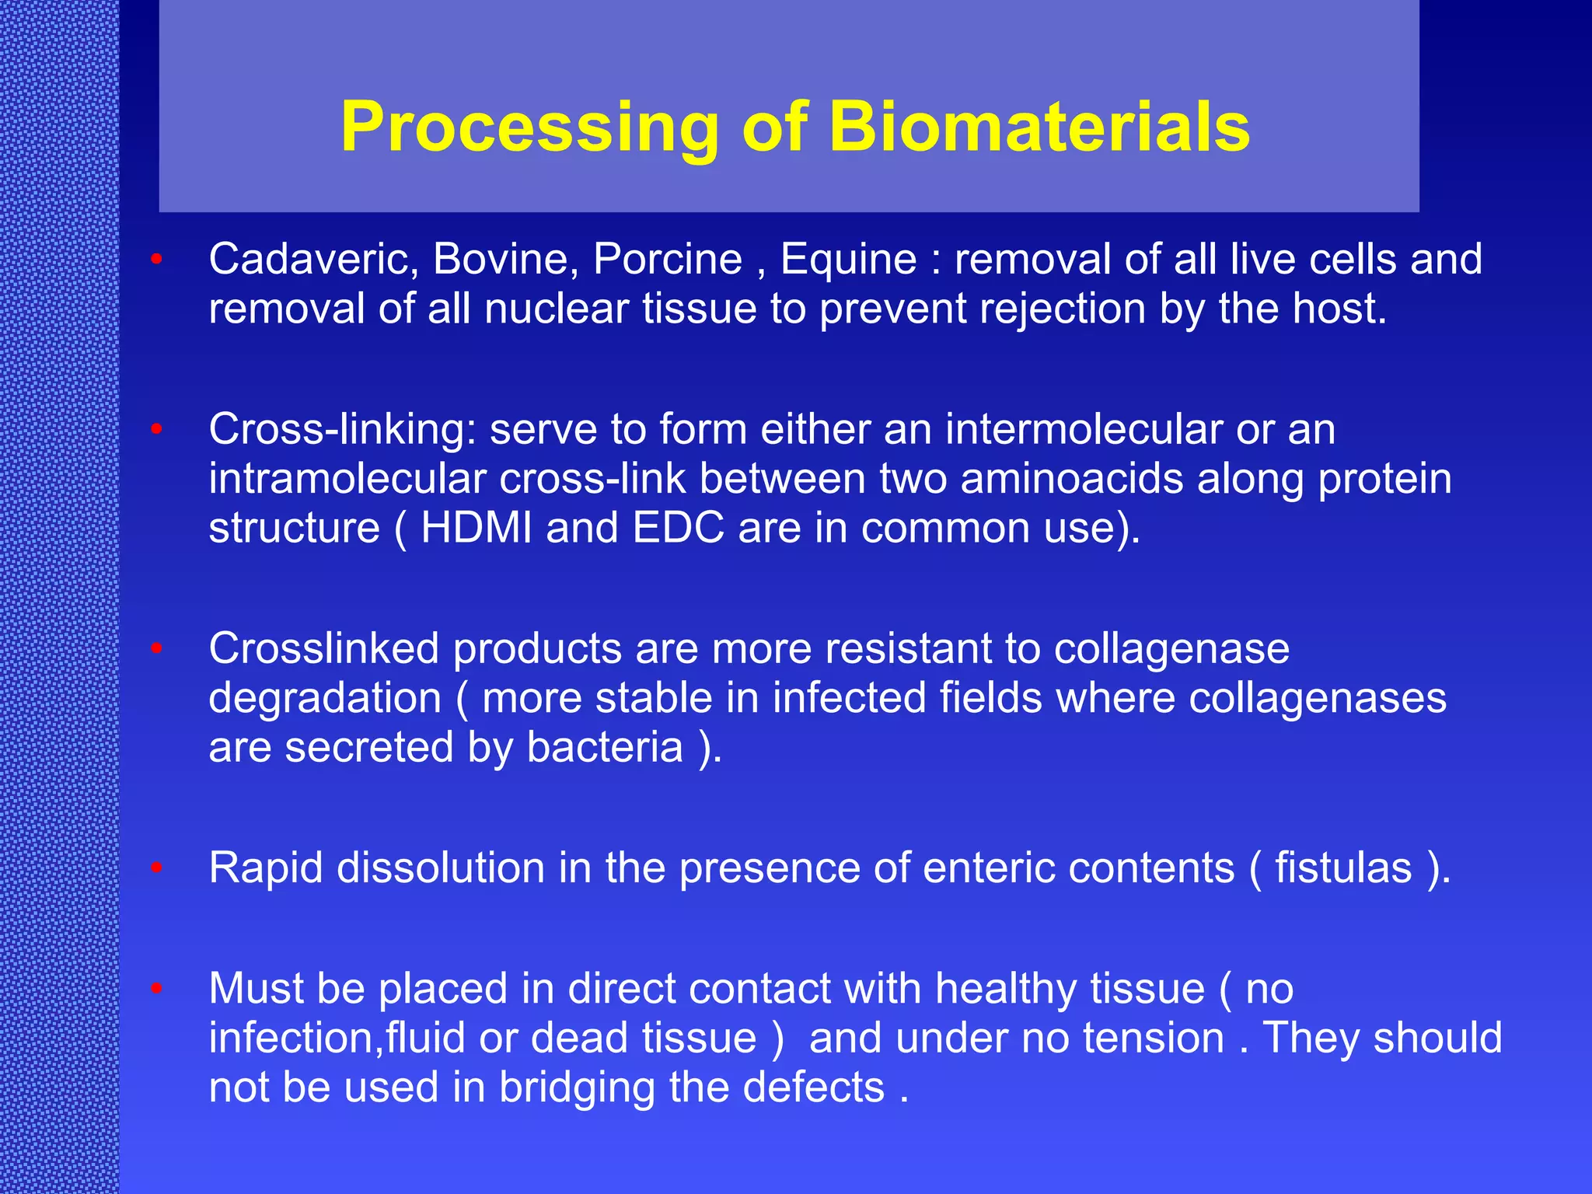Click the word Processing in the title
(529, 127)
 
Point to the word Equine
(848, 259)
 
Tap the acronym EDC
(678, 529)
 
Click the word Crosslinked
(324, 648)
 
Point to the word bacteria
(605, 748)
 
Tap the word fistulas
(1342, 868)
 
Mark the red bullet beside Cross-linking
(156, 429)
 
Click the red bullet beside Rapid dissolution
(156, 868)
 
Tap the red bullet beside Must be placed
(156, 989)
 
